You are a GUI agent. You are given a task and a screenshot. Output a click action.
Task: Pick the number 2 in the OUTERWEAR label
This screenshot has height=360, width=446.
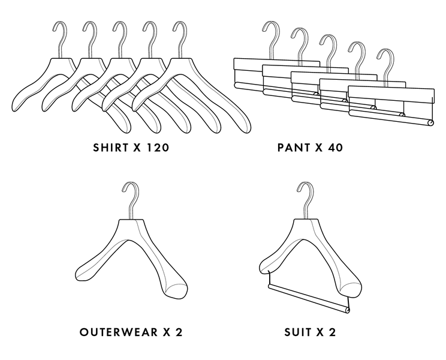(178, 332)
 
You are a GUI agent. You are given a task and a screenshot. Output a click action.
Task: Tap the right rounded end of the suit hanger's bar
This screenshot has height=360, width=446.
(345, 308)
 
